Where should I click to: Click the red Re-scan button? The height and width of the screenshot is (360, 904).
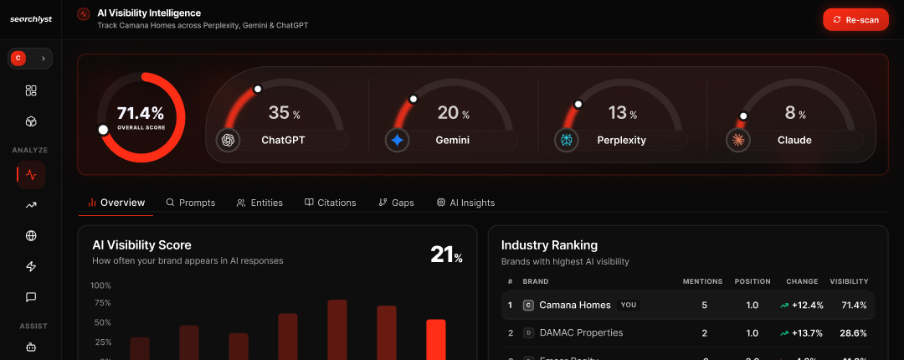855,19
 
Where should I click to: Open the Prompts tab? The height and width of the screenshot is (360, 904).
191,203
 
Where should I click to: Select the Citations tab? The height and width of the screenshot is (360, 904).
331,203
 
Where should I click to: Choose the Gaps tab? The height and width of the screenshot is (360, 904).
396,203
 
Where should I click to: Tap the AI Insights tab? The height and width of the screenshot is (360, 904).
465,203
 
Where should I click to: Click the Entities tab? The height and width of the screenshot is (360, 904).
259,203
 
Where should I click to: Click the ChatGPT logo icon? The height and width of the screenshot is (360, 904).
228,140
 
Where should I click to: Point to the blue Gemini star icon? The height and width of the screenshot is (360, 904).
397,140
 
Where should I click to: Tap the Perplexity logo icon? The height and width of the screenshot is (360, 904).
567,140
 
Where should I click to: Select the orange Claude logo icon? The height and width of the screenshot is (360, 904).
738,140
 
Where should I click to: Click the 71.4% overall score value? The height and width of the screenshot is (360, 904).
141,113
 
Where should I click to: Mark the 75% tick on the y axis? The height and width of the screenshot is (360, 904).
101,303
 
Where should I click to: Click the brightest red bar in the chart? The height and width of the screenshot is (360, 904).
436,339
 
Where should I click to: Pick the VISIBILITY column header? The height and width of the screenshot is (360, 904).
849,281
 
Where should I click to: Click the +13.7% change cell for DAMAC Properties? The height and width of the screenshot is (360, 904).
801,332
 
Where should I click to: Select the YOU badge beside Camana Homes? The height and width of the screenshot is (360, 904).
628,306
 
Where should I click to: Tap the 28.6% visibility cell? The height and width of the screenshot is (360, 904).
853,332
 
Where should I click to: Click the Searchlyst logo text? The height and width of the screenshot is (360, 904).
31,19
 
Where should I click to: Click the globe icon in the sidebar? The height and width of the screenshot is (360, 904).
31,236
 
